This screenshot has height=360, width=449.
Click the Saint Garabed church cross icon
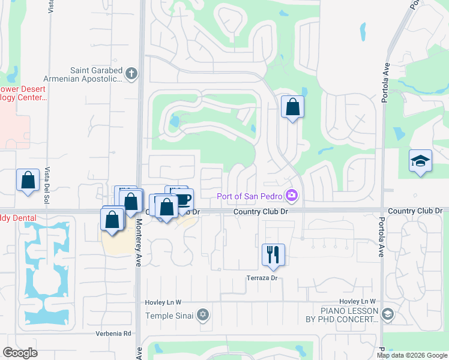pyautogui.click(x=131, y=74)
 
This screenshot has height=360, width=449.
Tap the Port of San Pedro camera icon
pyautogui.click(x=292, y=195)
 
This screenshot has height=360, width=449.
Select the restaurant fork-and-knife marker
pyautogui.click(x=273, y=254)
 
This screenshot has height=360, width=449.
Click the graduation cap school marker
pyautogui.click(x=420, y=160)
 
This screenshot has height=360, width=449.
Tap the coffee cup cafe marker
pyautogui.click(x=183, y=199)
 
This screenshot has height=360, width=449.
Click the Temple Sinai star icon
pyautogui.click(x=203, y=315)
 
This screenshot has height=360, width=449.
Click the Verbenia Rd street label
pyautogui.click(x=112, y=333)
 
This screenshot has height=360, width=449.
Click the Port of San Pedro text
pyautogui.click(x=251, y=196)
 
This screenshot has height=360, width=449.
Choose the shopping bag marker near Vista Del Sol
pyautogui.click(x=28, y=179)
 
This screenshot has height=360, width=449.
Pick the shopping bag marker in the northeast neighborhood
pyautogui.click(x=292, y=107)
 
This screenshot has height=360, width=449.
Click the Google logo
pyautogui.click(x=20, y=353)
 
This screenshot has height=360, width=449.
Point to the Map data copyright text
pyautogui.click(x=412, y=355)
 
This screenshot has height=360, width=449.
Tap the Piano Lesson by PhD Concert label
pyautogui.click(x=349, y=315)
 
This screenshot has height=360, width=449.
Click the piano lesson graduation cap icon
pyautogui.click(x=387, y=314)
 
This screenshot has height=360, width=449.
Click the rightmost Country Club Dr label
pyautogui.click(x=415, y=211)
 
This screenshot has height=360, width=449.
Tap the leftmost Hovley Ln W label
pyautogui.click(x=163, y=301)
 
